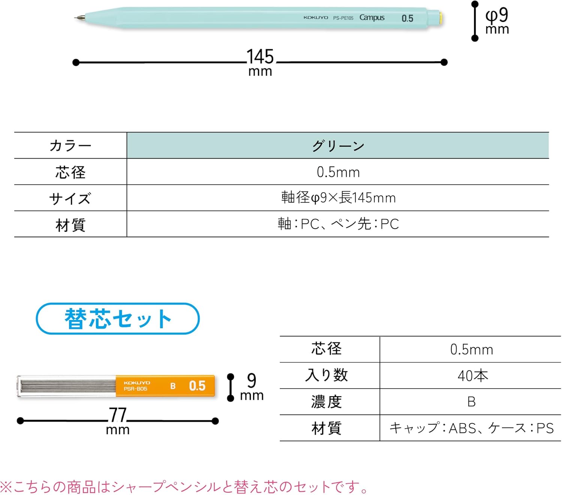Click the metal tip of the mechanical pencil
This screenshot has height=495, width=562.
pyautogui.click(x=79, y=17)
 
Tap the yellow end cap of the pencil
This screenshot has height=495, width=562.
pyautogui.click(x=441, y=18)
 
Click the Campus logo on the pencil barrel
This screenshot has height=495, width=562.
pyautogui.click(x=372, y=18)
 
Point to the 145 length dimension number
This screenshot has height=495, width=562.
pyautogui.click(x=260, y=57)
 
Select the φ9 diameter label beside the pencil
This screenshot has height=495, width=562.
pyautogui.click(x=497, y=16)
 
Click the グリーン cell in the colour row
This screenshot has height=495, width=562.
pyautogui.click(x=338, y=146)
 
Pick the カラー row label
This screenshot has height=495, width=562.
pyautogui.click(x=70, y=146)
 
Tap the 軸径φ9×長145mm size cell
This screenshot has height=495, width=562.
pyautogui.click(x=338, y=197)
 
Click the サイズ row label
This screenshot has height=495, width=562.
pyautogui.click(x=70, y=198)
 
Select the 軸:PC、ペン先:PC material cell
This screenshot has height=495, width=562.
pyautogui.click(x=338, y=224)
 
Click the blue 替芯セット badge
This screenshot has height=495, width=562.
pyautogui.click(x=118, y=319)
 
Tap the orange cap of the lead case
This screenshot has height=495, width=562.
pyautogui.click(x=165, y=386)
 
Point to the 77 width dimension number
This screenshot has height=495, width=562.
pyautogui.click(x=118, y=415)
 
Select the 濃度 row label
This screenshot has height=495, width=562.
pyautogui.click(x=326, y=402)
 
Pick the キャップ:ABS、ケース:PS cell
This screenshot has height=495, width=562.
pyautogui.click(x=471, y=428)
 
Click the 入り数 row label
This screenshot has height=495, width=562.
pyautogui.click(x=326, y=375)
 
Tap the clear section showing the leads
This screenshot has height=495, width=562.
pyautogui.click(x=67, y=386)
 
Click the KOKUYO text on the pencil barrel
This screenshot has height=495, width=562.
pyautogui.click(x=315, y=18)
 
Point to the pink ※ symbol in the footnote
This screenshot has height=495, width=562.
pyautogui.click(x=6, y=487)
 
